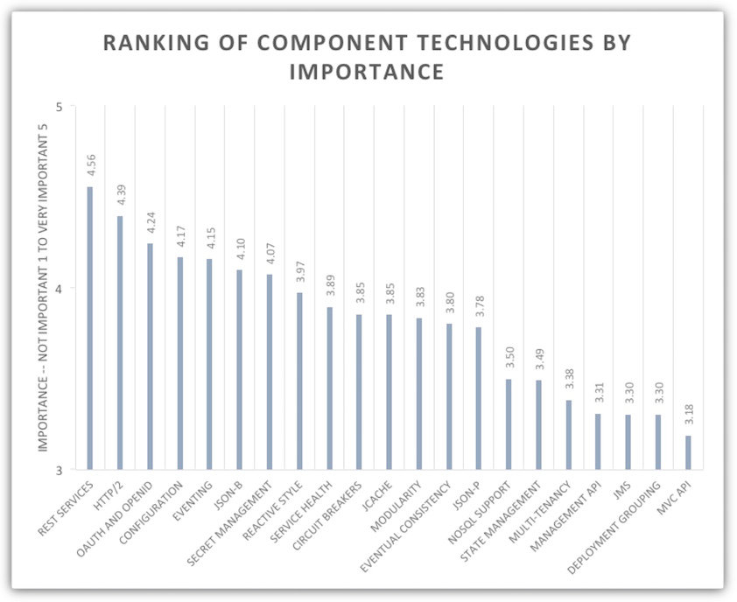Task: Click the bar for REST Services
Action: click(89, 328)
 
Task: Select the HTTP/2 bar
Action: click(120, 343)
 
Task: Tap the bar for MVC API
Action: click(688, 452)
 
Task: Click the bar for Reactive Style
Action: click(299, 381)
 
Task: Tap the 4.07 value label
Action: click(270, 255)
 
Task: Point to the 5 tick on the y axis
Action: click(60, 107)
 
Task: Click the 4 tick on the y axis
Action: click(60, 288)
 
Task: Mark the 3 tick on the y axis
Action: click(60, 470)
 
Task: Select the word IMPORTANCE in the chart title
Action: click(368, 72)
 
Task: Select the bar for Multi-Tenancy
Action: click(568, 435)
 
